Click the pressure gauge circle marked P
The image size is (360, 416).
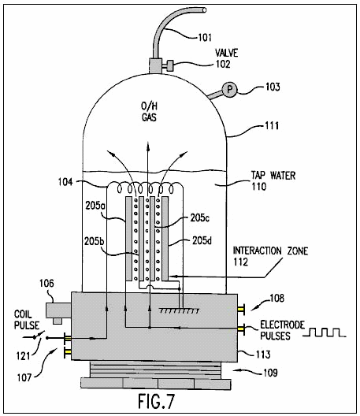pyautogui.click(x=229, y=89)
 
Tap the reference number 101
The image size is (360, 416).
pyautogui.click(x=205, y=37)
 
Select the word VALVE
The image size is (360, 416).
pyautogui.click(x=226, y=53)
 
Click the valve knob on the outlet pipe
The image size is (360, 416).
pyautogui.click(x=170, y=65)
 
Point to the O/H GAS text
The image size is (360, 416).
pyautogui.click(x=149, y=112)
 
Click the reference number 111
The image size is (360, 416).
pyautogui.click(x=272, y=125)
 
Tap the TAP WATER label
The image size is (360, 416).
pyautogui.click(x=273, y=176)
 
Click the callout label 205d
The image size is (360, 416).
pyautogui.click(x=202, y=240)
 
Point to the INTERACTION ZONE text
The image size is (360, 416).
pyautogui.click(x=270, y=251)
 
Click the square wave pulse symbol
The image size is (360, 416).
pyautogui.click(x=325, y=332)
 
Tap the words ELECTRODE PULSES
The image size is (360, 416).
pyautogui.click(x=282, y=330)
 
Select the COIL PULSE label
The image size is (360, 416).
pyautogui.click(x=27, y=320)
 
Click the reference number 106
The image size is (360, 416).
pyautogui.click(x=46, y=284)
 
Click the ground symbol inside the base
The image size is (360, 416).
pyautogui.click(x=179, y=310)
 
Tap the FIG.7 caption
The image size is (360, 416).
pyautogui.click(x=157, y=401)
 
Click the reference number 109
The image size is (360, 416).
pyautogui.click(x=270, y=373)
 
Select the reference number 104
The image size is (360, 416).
pyautogui.click(x=65, y=182)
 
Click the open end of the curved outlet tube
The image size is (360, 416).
pyautogui.click(x=204, y=9)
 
